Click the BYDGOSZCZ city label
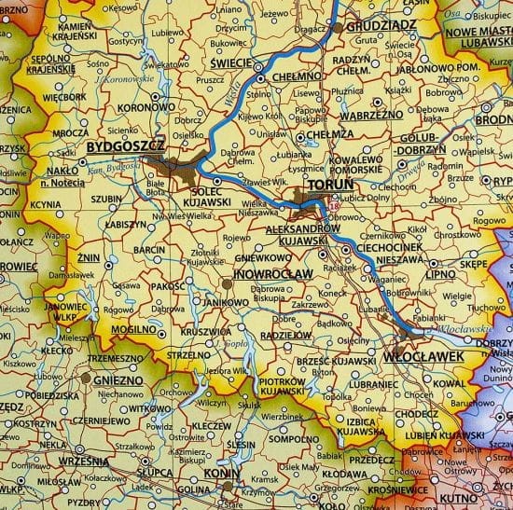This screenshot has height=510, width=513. coord(124,147)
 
